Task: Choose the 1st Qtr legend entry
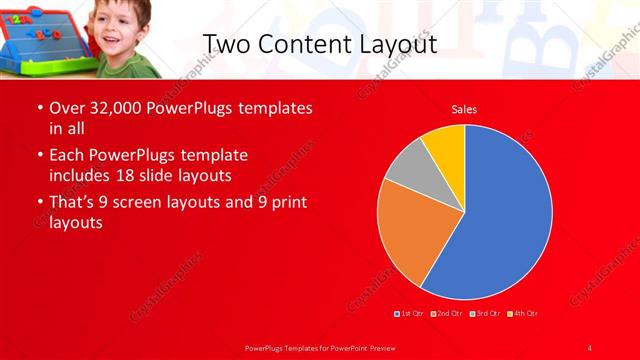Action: coord(410,314)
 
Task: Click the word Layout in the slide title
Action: coord(395,44)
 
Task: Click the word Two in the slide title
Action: coord(226,44)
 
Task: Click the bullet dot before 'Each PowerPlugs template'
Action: coord(38,156)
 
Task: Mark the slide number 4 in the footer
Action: coord(590,347)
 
